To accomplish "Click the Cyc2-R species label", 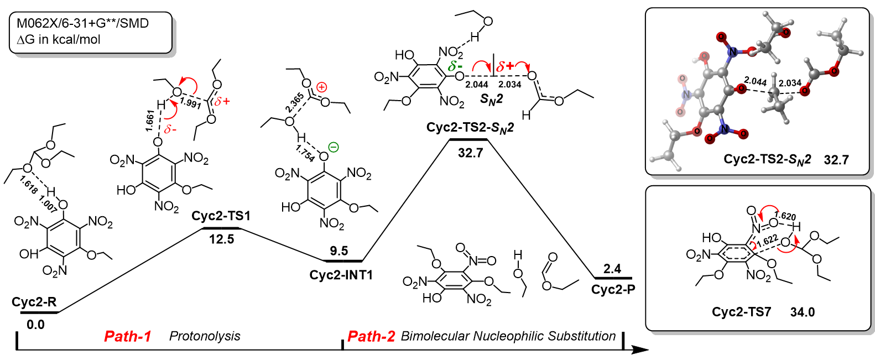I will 34,302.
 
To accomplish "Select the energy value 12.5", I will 221,239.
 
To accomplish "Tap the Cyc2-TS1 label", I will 221,216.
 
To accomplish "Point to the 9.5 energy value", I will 338,251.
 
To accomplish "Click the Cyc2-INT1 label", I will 341,275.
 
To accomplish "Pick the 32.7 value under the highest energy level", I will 470,153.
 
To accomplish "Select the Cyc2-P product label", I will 613,290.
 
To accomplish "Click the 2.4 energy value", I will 612,269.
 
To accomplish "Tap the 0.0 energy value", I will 35,325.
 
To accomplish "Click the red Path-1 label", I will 127,336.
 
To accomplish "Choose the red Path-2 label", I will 371,336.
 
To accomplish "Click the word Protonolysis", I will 205,336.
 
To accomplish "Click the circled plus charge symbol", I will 322,87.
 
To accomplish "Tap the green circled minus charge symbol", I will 334,147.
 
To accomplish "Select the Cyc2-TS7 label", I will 741,312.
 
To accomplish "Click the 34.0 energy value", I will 802,312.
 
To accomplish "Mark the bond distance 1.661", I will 150,121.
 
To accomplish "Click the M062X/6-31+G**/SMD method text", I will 82,23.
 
